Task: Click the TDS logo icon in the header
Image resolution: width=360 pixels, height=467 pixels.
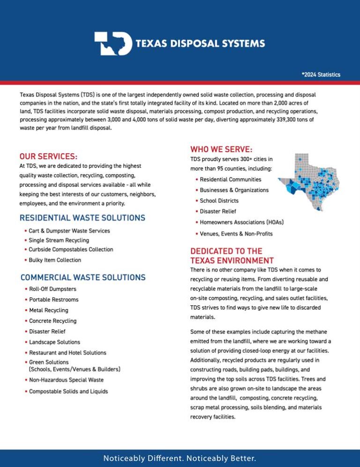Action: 112,44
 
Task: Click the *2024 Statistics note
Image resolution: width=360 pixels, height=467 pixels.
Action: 321,75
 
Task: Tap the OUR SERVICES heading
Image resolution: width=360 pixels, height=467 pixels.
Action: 48,156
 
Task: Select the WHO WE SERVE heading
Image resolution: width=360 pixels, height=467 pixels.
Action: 221,149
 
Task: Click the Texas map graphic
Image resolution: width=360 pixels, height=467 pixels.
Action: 309,182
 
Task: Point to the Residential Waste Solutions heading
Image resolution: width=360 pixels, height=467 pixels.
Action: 82,218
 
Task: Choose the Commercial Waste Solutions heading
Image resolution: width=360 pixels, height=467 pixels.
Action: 83,277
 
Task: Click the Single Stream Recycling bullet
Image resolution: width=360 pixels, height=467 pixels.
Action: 59,240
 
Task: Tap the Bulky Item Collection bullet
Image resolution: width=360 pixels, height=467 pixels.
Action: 55,260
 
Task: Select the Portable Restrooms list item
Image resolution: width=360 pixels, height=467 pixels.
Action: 54,300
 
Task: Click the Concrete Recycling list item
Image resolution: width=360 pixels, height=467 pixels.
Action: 52,321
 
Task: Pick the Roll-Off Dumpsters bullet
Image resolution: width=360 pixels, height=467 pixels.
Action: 52,289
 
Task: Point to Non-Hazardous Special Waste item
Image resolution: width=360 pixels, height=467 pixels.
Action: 66,380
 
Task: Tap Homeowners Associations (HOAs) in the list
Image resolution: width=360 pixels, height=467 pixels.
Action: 241,222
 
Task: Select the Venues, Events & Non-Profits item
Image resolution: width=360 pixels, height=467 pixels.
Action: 236,234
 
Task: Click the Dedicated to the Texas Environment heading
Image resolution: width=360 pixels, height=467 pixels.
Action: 232,256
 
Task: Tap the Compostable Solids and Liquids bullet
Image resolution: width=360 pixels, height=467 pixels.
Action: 68,392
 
